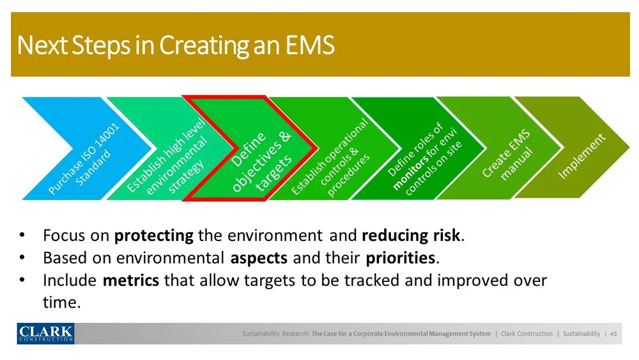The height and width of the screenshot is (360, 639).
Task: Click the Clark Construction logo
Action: click(45, 333)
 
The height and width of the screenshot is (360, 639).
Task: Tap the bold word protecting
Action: click(153, 236)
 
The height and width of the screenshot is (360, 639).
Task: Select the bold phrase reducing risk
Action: click(411, 236)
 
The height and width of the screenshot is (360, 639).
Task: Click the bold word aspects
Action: click(259, 258)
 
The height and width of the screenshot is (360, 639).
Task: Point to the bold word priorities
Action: click(401, 258)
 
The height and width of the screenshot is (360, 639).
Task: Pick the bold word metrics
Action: click(131, 281)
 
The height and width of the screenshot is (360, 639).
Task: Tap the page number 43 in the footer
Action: click(613, 334)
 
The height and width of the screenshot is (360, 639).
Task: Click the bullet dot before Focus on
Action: click(22, 235)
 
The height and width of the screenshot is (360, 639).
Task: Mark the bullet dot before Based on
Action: click(22, 258)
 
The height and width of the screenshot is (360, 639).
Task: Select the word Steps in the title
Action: click(101, 45)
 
